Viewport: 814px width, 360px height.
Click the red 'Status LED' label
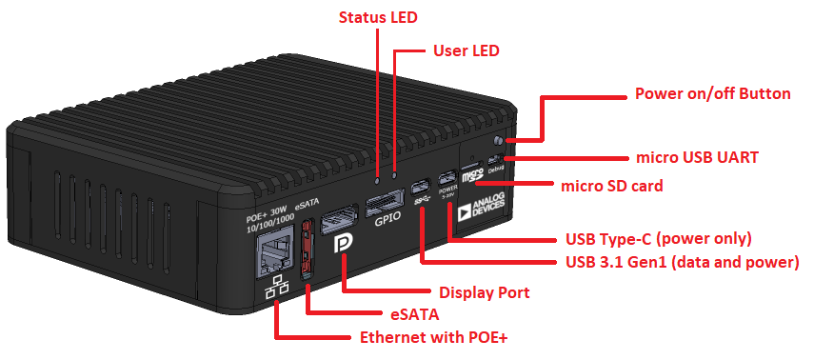[x=378, y=17]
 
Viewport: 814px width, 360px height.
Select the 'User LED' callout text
[x=467, y=50]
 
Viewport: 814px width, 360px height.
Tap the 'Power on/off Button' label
[x=712, y=93]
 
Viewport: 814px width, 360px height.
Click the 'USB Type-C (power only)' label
[x=659, y=238]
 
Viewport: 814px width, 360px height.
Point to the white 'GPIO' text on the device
[x=388, y=218]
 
